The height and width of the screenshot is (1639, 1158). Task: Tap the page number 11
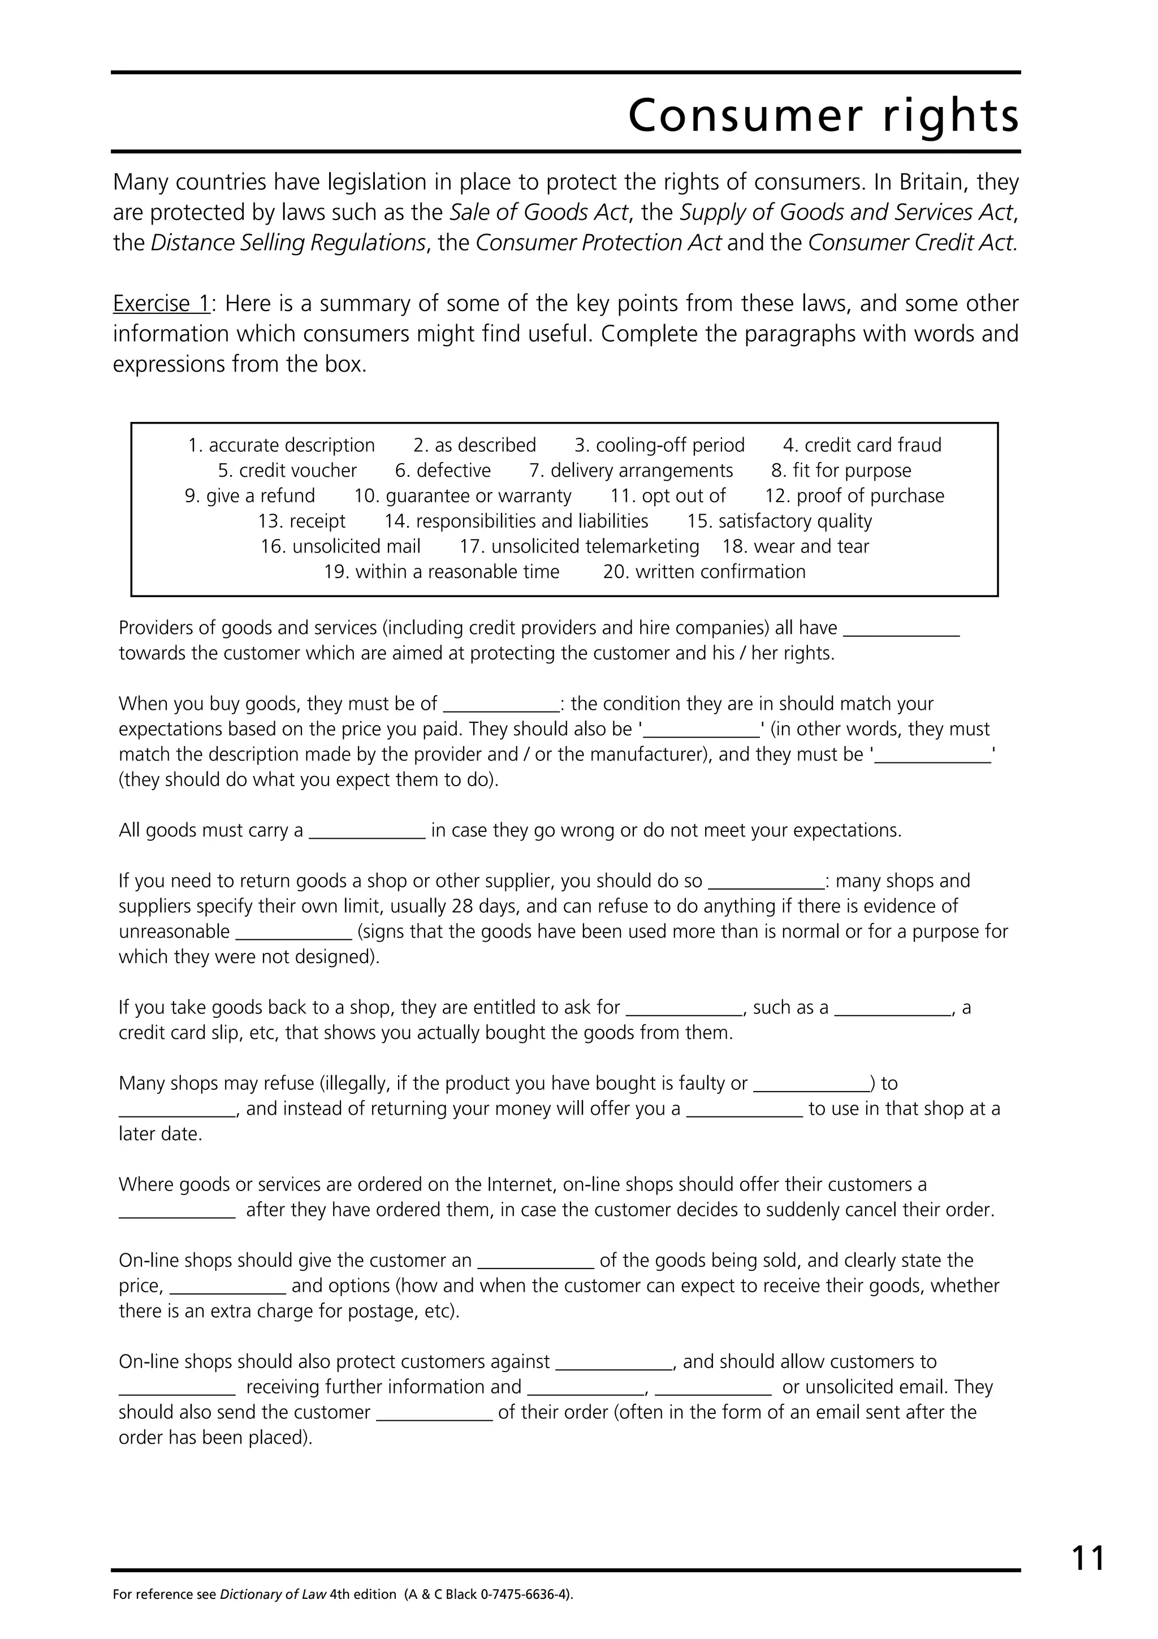1087,1558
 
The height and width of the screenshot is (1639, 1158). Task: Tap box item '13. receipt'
302,521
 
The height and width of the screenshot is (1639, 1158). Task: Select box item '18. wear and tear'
796,546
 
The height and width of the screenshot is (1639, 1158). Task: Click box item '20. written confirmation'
704,572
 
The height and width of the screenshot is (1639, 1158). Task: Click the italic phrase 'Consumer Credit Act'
913,243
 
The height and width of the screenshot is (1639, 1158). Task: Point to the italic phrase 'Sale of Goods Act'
539,213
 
